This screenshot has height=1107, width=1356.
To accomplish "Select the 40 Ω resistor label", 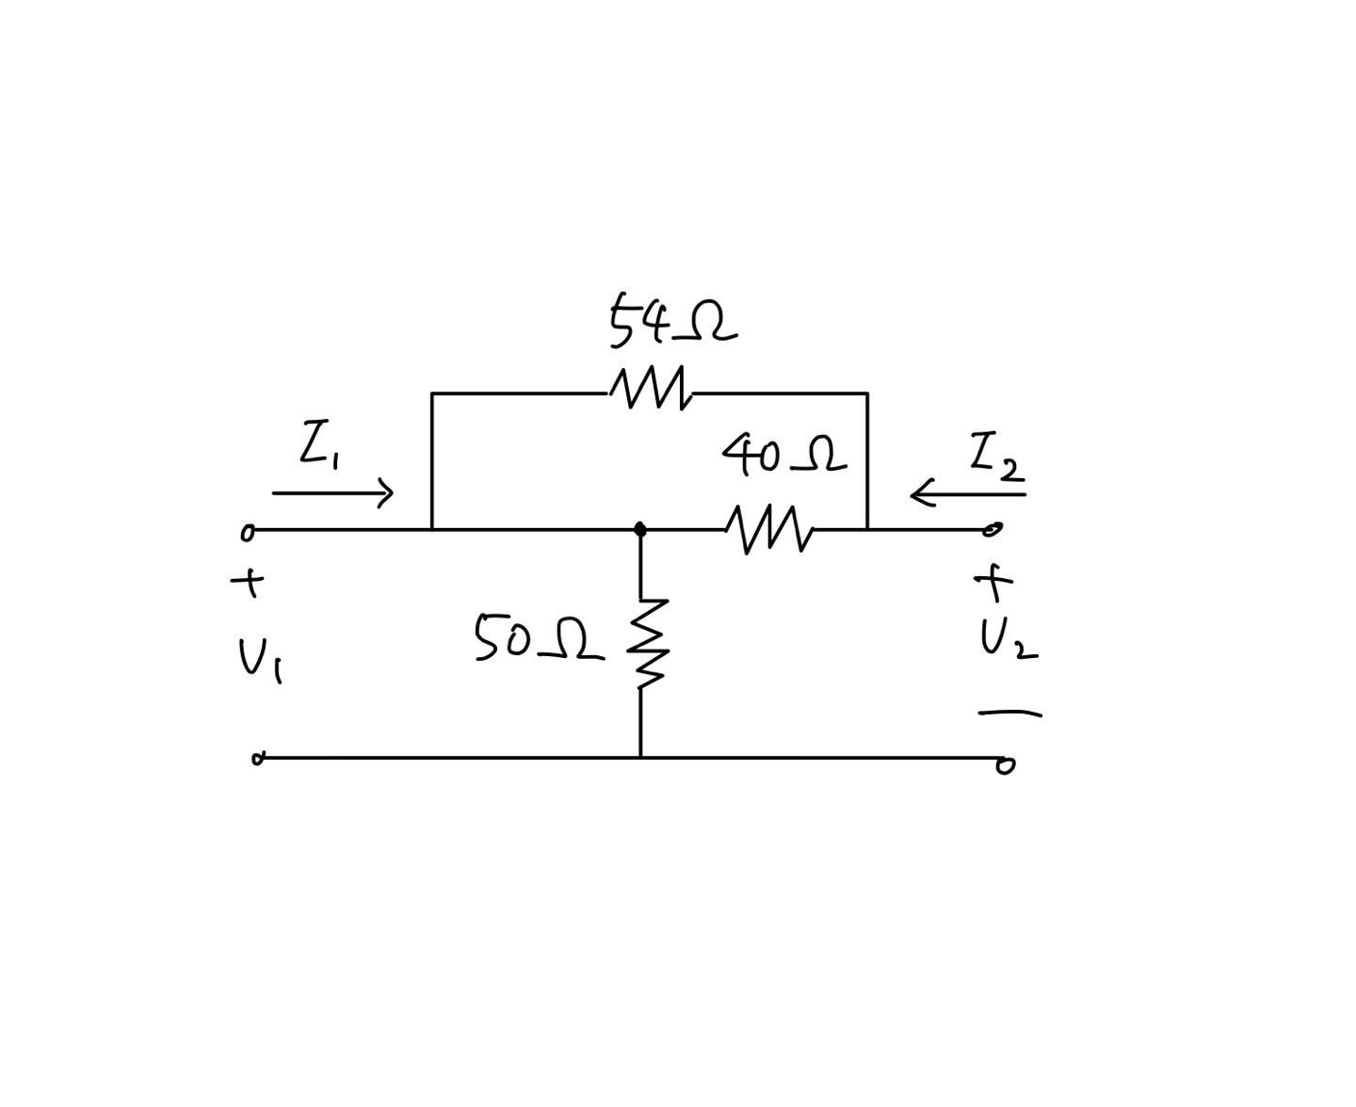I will tap(783, 456).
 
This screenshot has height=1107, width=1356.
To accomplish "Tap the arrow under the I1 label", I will tap(332, 492).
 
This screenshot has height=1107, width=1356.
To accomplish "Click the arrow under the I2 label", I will tap(967, 494).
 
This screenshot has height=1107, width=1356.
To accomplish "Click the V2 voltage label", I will tap(1007, 640).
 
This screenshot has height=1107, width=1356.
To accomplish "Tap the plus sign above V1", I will tap(248, 584).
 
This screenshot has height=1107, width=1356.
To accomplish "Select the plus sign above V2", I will tap(993, 583).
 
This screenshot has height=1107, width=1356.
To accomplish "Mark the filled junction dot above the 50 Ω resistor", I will tap(640, 529).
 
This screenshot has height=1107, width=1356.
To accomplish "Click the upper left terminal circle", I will tap(248, 533).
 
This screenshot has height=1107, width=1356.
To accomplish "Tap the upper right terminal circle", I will tap(993, 530).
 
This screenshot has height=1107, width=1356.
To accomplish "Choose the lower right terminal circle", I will tap(1006, 765).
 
